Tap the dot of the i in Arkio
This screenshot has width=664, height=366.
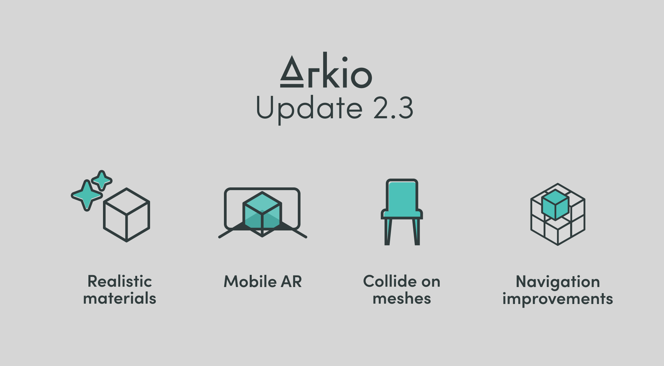point(345,59)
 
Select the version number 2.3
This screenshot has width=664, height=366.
point(393,108)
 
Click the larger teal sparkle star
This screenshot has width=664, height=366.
point(87,196)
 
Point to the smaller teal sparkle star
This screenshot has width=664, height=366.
point(102,181)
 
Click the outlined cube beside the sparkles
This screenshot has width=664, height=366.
point(126,215)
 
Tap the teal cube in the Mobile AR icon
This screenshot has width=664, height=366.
point(262,214)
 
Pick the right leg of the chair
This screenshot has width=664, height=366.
point(416,232)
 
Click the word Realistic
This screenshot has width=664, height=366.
point(120,281)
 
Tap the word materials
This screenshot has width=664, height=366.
point(120,299)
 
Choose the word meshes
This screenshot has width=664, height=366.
point(402,299)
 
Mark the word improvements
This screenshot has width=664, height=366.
point(558,299)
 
